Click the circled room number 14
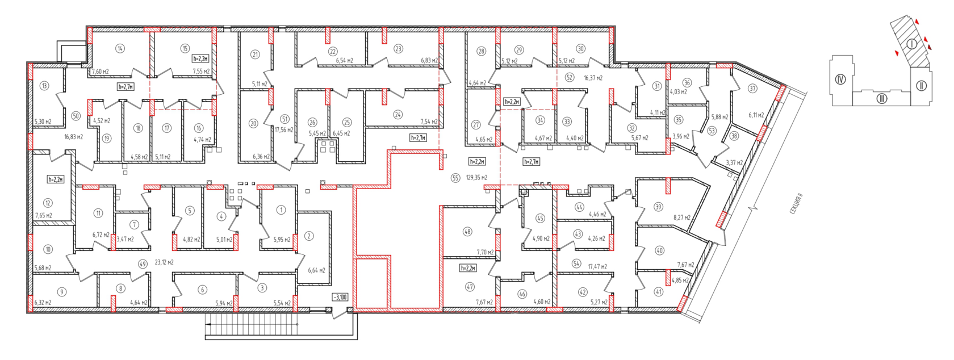[x=120, y=49]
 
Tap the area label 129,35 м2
[x=477, y=178]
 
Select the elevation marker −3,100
[x=340, y=297]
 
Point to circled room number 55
[x=455, y=178]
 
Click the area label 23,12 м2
[x=164, y=262]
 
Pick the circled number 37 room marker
[x=753, y=89]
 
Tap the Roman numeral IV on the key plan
[x=840, y=79]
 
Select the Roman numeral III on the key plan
[x=881, y=99]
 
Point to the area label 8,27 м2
[x=682, y=217]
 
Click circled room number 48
[x=468, y=232]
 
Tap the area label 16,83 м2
[x=74, y=137]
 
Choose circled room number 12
[x=48, y=203]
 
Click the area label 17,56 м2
[x=284, y=130]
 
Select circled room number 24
[x=397, y=115]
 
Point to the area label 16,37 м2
[x=593, y=78]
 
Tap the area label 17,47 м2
[x=597, y=267]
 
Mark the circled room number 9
[x=62, y=292]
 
